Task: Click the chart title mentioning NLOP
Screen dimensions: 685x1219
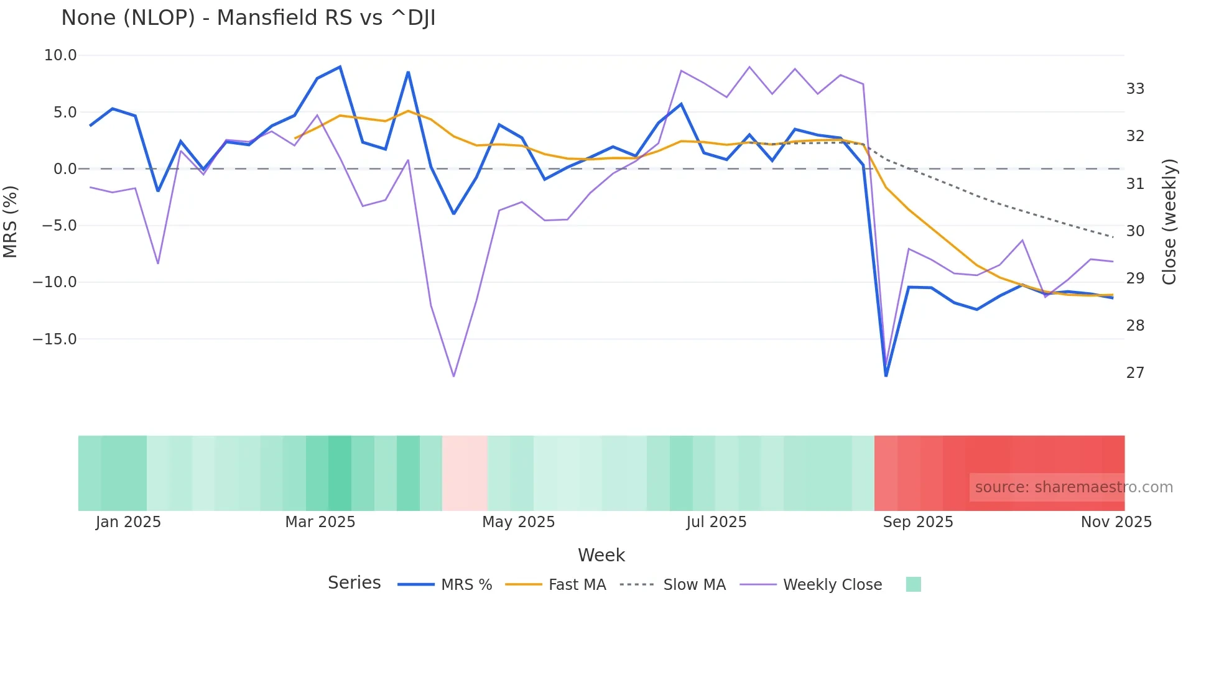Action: [x=248, y=18]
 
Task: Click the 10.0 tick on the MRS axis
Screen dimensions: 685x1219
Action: [x=60, y=55]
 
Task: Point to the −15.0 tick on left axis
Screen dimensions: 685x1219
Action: [x=55, y=339]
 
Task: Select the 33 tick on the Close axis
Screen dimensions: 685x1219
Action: [x=1135, y=89]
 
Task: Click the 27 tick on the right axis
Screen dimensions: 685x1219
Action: [x=1135, y=373]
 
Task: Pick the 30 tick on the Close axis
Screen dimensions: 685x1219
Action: [x=1135, y=231]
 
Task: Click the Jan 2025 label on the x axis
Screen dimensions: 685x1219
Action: [x=128, y=522]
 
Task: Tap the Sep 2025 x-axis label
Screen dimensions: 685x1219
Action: [x=918, y=522]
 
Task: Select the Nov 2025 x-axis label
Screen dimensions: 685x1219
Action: [x=1116, y=522]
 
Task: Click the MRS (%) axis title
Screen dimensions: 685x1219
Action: [x=11, y=222]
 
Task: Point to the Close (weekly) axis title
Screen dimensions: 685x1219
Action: [x=1169, y=222]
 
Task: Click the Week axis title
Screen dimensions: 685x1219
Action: [x=601, y=555]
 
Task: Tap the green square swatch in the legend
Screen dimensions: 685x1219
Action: [x=913, y=584]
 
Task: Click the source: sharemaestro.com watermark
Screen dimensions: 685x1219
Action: [x=1073, y=487]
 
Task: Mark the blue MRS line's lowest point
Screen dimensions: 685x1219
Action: [x=886, y=375]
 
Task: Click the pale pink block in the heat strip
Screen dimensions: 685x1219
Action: [x=465, y=473]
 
